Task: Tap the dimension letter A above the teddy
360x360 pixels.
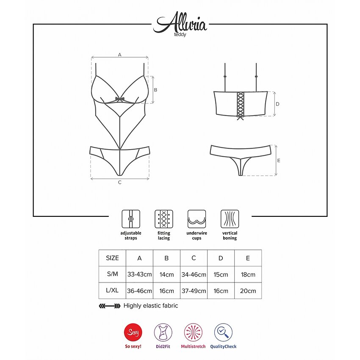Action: (119, 55)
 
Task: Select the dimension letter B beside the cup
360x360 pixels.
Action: (155, 90)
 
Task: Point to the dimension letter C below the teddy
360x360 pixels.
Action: (119, 182)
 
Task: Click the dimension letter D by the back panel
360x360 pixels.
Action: (277, 104)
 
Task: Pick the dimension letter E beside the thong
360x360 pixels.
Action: (279, 161)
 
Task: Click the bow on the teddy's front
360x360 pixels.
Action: (119, 99)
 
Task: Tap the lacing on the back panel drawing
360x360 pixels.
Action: (241, 105)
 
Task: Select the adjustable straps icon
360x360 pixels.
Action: (130, 219)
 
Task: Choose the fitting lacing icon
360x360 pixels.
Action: (164, 219)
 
